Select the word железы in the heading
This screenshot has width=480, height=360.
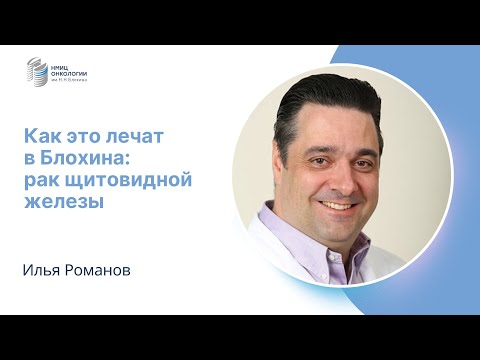(63, 200)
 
